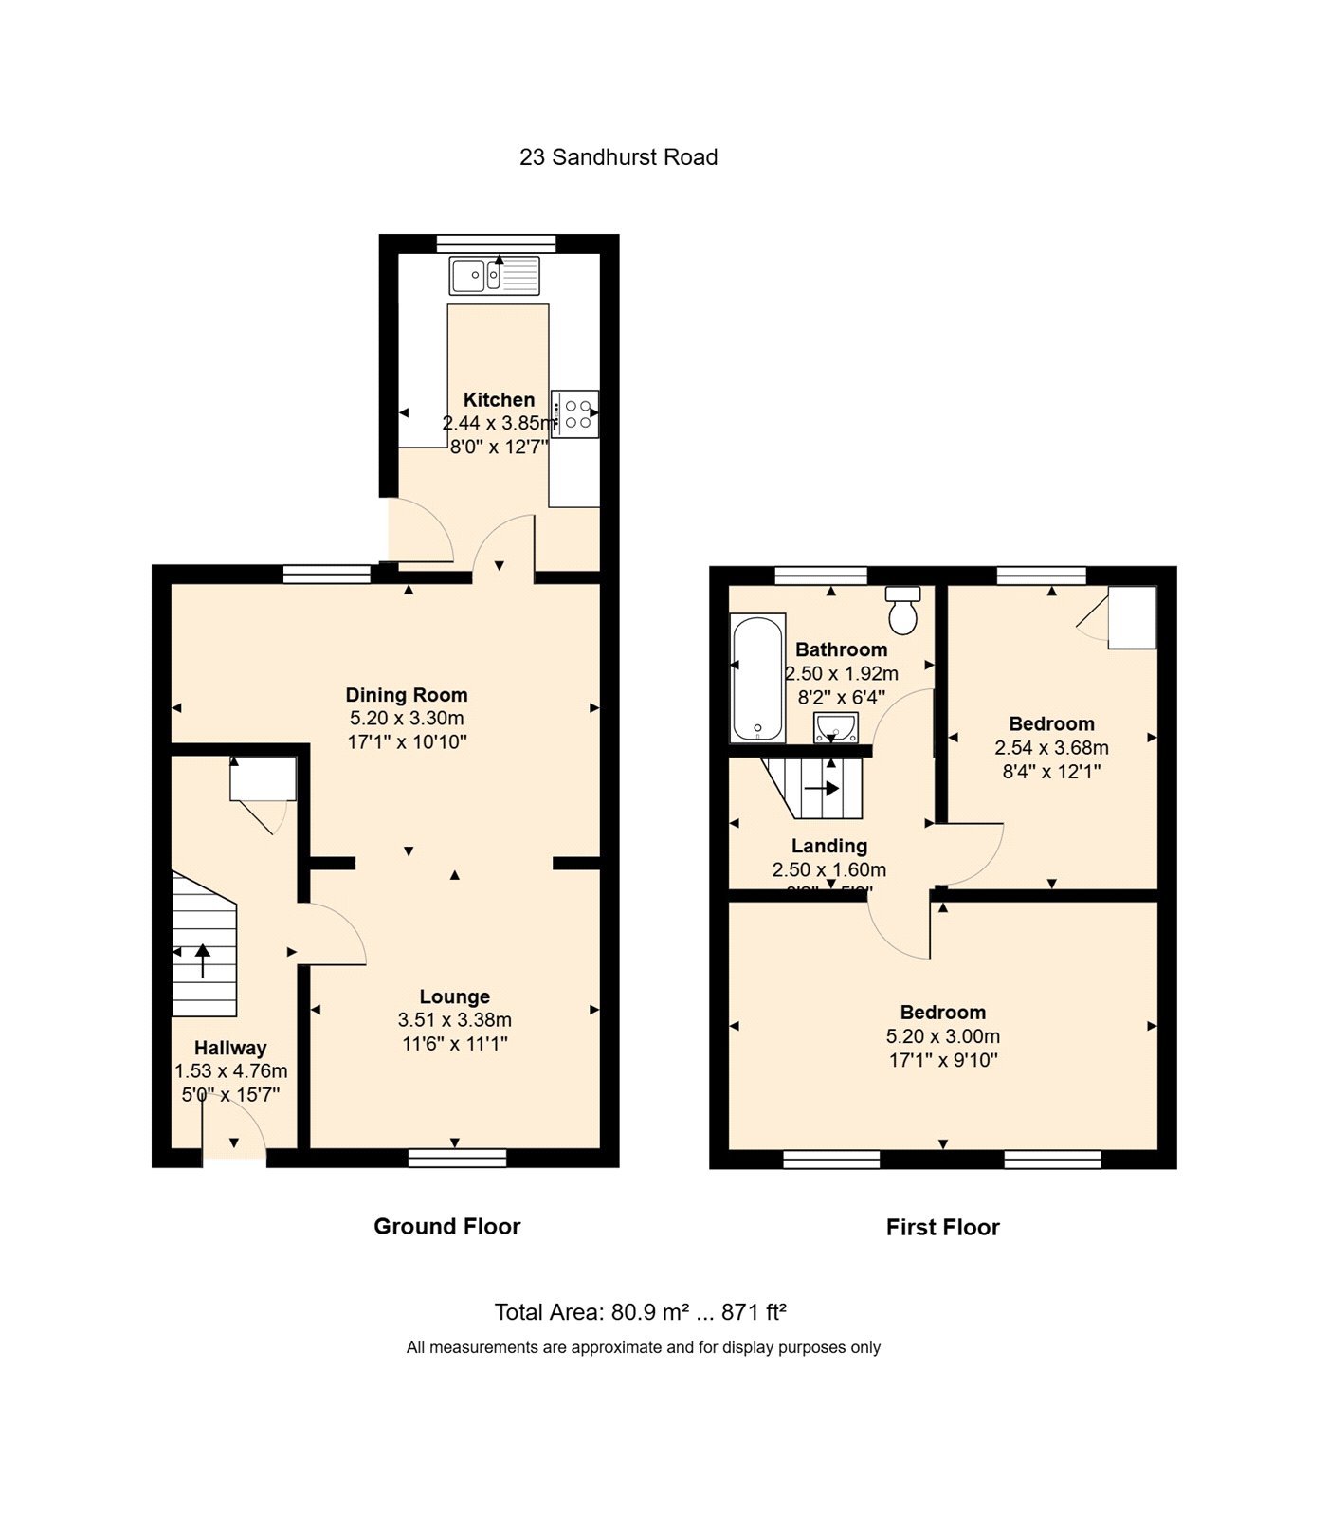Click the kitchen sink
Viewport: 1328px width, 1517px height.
495,276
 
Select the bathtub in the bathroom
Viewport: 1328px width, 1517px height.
757,677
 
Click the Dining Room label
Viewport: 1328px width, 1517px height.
406,695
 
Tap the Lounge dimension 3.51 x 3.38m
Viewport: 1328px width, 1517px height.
455,1020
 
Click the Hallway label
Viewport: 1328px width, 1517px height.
230,1048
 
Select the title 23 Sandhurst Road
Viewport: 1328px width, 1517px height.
618,157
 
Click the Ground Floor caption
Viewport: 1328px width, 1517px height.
446,1226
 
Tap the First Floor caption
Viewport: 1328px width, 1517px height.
942,1227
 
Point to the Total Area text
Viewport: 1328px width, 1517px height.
641,1312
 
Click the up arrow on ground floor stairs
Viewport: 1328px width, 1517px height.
203,960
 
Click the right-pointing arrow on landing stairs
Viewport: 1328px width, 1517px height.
822,787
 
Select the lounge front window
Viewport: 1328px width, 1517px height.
457,1158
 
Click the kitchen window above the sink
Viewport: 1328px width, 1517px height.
497,244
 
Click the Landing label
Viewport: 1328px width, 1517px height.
829,846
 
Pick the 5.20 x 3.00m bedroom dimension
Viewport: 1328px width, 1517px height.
942,1036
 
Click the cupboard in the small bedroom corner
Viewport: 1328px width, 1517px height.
1132,617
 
